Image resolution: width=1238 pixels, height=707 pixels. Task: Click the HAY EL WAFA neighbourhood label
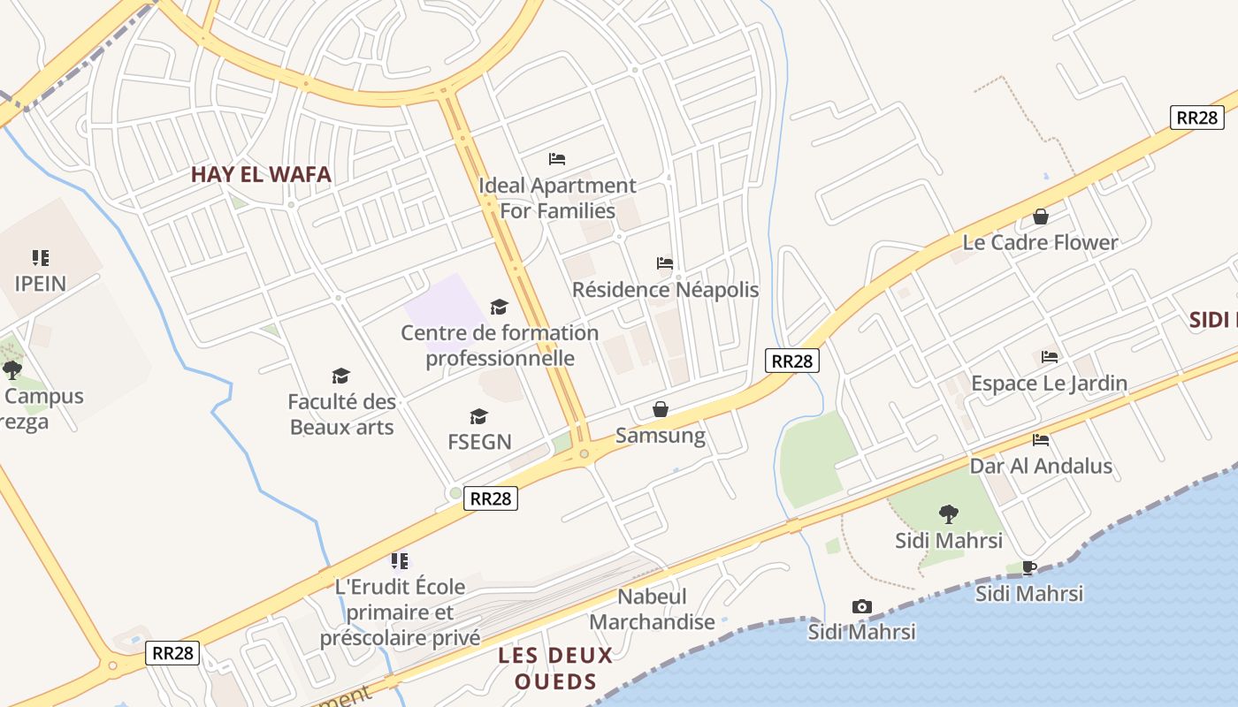pos(261,174)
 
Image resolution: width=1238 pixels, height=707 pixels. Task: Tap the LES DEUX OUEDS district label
pos(555,668)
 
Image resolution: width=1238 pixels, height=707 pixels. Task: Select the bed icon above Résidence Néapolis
pos(665,263)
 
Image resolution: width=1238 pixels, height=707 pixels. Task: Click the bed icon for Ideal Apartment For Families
pos(556,159)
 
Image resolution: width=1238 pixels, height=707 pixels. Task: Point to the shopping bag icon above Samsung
pos(660,409)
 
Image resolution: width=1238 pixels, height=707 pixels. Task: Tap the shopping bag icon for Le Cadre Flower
pos(1041,217)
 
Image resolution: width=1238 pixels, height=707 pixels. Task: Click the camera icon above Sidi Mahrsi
pos(861,606)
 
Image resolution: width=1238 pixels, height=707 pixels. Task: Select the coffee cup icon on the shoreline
pos(1028,567)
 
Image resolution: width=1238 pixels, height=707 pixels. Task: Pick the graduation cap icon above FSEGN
pos(478,416)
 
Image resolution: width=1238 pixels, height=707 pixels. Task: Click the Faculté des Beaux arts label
pos(341,414)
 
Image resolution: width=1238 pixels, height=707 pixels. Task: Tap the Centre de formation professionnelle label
pos(500,346)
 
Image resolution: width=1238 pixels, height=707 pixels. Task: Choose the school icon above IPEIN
pos(40,258)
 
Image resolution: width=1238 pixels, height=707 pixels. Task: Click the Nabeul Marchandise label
pos(652,610)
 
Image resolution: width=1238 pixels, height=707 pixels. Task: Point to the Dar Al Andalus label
pos(1041,466)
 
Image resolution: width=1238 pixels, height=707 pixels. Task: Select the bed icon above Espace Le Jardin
pos(1050,357)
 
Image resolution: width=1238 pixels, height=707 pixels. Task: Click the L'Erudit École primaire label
pos(400,612)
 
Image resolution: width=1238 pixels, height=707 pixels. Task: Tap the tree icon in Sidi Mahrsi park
pos(949,513)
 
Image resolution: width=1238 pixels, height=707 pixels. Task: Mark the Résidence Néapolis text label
pos(665,290)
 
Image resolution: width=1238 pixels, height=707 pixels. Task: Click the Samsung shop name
pos(660,435)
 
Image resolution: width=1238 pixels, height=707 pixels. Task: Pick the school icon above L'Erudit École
pos(400,560)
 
